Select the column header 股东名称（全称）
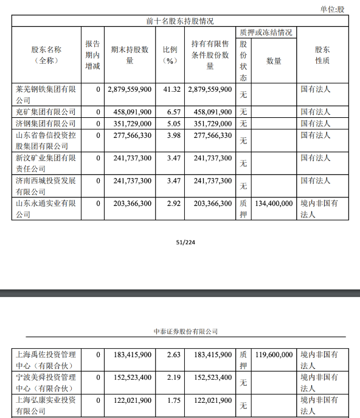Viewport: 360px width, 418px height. point(46,55)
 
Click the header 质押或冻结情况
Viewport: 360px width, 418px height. point(265,32)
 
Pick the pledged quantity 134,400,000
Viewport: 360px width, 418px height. point(274,203)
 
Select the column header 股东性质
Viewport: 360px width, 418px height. point(322,55)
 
